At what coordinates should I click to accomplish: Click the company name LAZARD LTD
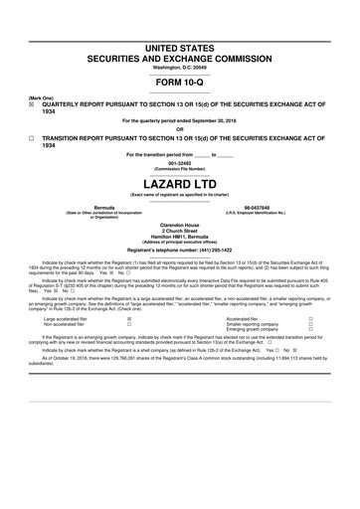coord(180,185)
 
